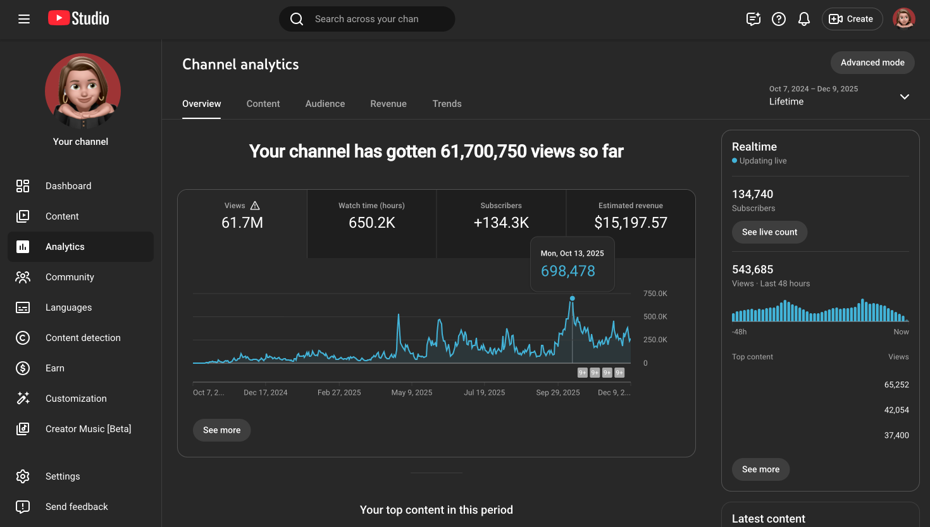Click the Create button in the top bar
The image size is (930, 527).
click(852, 19)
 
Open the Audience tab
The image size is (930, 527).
click(325, 104)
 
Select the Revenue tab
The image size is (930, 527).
click(388, 104)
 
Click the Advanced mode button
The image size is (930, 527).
click(872, 63)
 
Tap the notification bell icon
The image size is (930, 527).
click(804, 19)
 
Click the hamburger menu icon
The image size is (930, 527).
click(24, 19)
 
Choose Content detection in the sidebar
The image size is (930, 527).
click(83, 338)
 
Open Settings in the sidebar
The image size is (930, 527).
click(63, 476)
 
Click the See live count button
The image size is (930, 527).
click(769, 232)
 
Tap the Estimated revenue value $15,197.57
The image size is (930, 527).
click(631, 223)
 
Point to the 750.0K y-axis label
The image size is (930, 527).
click(655, 294)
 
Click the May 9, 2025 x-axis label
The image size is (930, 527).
click(412, 393)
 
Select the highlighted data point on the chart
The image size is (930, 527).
click(573, 299)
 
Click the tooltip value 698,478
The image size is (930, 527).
click(568, 271)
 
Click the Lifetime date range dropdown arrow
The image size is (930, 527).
click(905, 97)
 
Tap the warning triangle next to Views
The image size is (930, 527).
click(255, 206)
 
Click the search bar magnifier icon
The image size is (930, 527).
click(297, 19)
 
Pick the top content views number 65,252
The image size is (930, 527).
click(896, 385)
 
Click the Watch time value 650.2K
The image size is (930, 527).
click(372, 223)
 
